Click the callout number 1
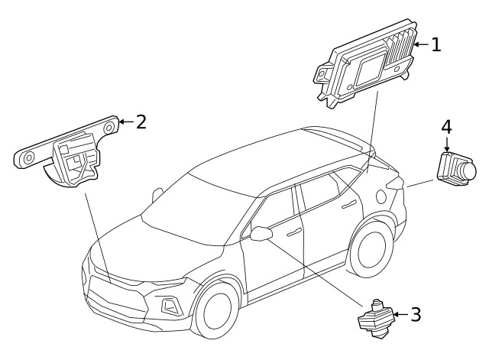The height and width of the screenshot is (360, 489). (x=436, y=45)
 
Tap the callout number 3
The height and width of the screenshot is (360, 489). (x=415, y=314)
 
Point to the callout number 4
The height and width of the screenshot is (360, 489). (x=446, y=127)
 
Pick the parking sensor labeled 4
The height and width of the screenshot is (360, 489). (x=455, y=168)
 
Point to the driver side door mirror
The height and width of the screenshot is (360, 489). (x=261, y=232)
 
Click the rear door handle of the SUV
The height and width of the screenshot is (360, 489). (x=348, y=204)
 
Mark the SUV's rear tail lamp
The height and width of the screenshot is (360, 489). (x=396, y=183)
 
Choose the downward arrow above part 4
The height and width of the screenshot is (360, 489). (x=446, y=144)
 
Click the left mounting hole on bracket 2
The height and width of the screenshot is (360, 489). (x=28, y=158)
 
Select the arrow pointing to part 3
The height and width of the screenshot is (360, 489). (x=400, y=314)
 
